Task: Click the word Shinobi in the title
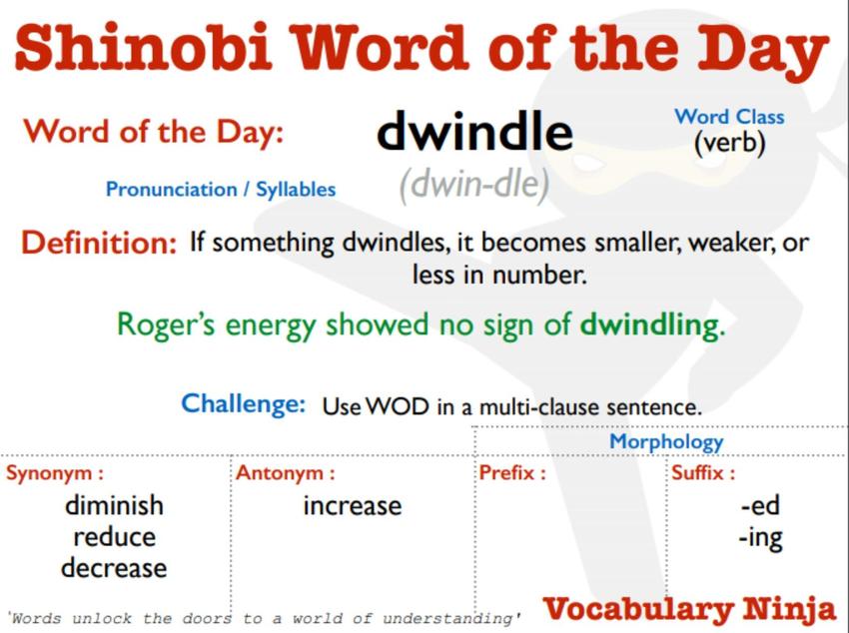pos(144,48)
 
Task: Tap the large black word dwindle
pos(474,131)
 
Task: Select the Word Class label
pos(729,117)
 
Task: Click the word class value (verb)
pos(729,144)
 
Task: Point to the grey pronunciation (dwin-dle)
pos(474,185)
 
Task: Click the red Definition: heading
pos(99,243)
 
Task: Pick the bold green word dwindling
pos(652,324)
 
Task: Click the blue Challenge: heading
pos(243,403)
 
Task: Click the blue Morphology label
pos(666,442)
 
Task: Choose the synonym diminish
pos(114,505)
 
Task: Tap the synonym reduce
pos(114,537)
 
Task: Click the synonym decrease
pos(114,568)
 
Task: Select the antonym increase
pos(353,506)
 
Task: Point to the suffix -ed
pos(760,505)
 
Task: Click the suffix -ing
pos(760,538)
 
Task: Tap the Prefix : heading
pos(512,473)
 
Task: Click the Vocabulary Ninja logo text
pos(689,609)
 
